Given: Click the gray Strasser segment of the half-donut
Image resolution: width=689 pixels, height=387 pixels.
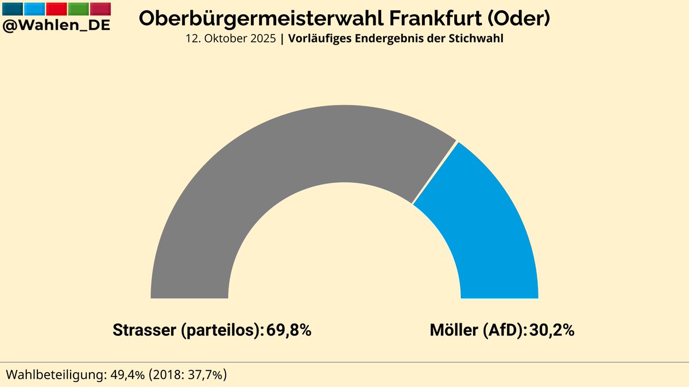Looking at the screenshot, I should coord(258,172).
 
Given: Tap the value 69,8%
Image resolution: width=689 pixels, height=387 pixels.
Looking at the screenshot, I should coord(289,331).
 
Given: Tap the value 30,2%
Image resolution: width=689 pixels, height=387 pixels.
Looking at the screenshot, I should coord(551,331).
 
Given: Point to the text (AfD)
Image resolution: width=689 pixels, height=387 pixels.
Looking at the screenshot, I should coord(502,331).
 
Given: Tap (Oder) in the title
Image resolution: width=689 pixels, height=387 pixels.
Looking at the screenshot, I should coord(519,18).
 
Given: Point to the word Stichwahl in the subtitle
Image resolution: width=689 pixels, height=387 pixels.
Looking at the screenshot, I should coord(479,39).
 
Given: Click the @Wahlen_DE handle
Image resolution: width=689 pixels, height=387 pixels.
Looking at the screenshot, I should coord(56,25).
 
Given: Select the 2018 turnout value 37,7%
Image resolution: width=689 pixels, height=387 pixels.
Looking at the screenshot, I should coord(206,375).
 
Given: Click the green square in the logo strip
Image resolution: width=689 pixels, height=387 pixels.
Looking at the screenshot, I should coord(78,9).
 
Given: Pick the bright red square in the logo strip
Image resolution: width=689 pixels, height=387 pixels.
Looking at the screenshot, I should coord(56,9).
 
